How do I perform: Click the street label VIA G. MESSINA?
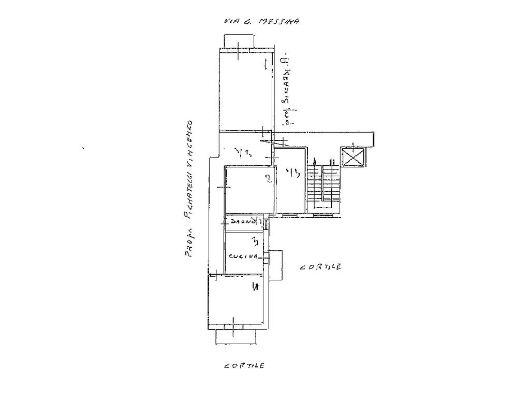click(x=261, y=22)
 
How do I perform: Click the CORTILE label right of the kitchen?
click(x=320, y=267)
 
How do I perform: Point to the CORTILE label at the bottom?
click(x=244, y=365)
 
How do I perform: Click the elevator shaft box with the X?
click(x=353, y=158)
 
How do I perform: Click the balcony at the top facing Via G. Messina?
click(x=239, y=41)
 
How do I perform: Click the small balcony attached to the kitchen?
click(x=276, y=264)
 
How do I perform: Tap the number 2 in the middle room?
click(x=268, y=179)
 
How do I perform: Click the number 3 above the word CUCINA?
click(x=254, y=241)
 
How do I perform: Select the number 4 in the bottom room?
click(x=254, y=286)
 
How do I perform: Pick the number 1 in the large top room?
click(x=265, y=64)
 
